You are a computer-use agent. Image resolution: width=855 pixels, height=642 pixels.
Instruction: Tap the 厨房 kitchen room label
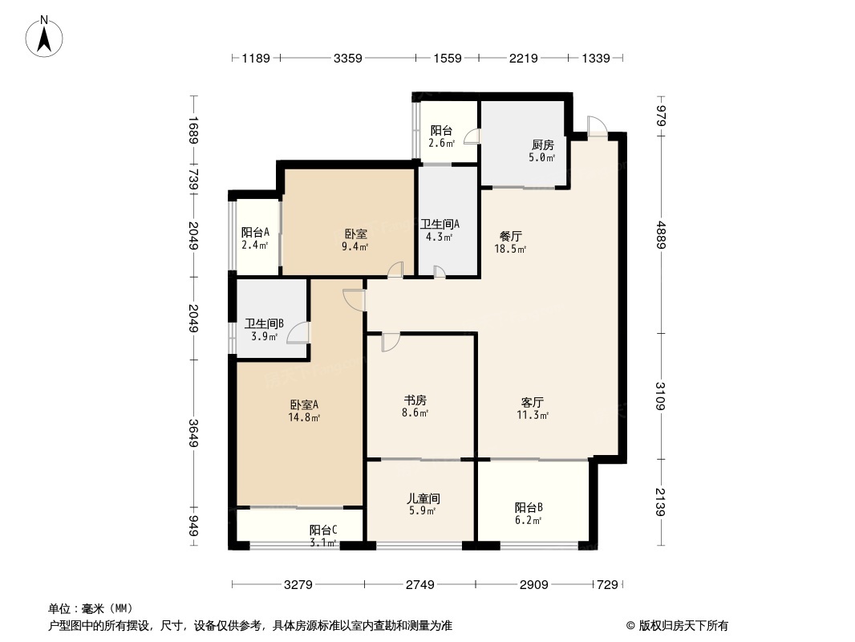(542, 145)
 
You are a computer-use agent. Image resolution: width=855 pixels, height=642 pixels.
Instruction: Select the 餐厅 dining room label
(511, 237)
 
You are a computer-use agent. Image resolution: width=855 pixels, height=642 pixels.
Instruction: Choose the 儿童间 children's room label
(422, 498)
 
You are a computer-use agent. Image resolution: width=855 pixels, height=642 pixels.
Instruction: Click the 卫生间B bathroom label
(265, 324)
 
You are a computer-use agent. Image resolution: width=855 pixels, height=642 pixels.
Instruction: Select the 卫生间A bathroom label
(440, 225)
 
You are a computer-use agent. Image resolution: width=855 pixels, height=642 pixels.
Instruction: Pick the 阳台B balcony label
(529, 507)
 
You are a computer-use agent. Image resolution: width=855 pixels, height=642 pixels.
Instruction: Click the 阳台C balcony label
(323, 530)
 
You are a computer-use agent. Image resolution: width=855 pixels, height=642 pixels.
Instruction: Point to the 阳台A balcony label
(254, 233)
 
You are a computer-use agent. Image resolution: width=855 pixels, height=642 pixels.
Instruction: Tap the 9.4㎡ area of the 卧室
(356, 247)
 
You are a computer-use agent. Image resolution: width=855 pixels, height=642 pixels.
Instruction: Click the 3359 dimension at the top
(348, 58)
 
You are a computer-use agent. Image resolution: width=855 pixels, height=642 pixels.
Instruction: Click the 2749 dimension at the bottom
(419, 585)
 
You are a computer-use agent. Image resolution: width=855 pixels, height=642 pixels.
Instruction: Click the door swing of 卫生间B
(297, 332)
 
